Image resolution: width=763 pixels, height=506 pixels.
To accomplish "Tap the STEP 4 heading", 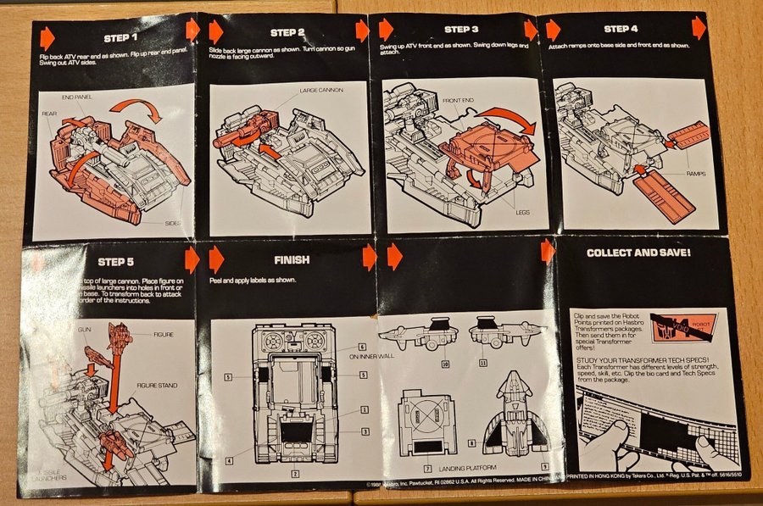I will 622,29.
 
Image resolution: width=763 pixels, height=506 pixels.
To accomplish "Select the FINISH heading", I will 292,260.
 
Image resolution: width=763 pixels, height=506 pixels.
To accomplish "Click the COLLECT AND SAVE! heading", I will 638,253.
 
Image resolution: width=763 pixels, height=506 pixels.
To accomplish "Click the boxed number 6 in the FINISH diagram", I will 362,346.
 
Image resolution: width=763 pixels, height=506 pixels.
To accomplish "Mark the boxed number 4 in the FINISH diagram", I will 229,461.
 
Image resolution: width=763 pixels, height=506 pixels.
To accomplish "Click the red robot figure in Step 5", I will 120,340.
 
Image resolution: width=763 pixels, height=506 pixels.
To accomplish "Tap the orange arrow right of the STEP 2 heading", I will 362,31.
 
